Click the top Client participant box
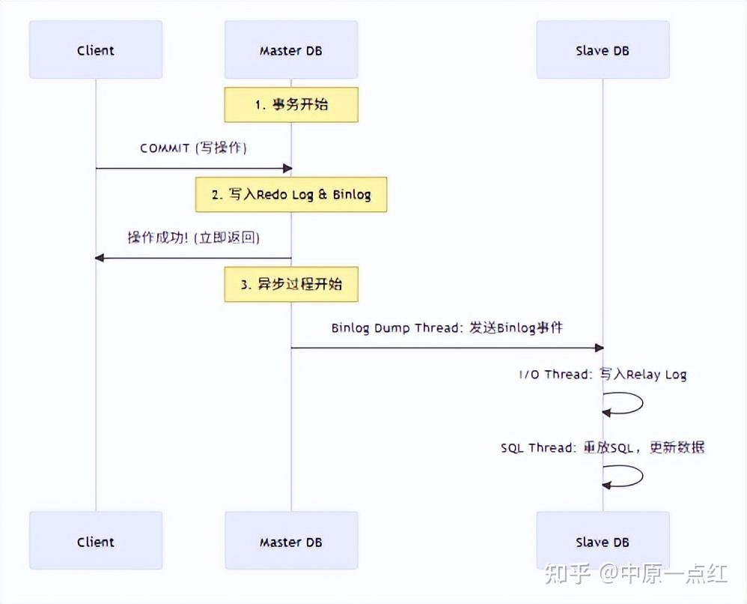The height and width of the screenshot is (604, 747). tap(96, 50)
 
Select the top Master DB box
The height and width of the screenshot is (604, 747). tap(291, 50)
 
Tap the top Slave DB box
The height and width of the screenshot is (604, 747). tap(603, 50)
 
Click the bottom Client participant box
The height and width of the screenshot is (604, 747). tap(96, 541)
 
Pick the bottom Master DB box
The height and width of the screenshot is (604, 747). tap(291, 541)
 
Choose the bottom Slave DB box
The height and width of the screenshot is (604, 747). tap(603, 541)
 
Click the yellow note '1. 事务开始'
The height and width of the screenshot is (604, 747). tap(291, 104)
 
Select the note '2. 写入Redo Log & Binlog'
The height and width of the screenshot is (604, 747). tap(291, 194)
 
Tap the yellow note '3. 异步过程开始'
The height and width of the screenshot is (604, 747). tap(291, 284)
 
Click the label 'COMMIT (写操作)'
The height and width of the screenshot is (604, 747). tap(193, 148)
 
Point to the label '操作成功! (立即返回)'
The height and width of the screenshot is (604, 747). tap(193, 238)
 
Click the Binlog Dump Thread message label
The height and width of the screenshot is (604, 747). tap(447, 327)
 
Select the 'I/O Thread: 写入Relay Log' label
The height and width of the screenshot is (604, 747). tap(603, 374)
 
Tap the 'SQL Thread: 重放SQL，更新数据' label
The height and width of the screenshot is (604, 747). tap(603, 447)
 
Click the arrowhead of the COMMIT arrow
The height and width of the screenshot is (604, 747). tap(287, 168)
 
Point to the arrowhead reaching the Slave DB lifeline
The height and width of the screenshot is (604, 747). tap(598, 348)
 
